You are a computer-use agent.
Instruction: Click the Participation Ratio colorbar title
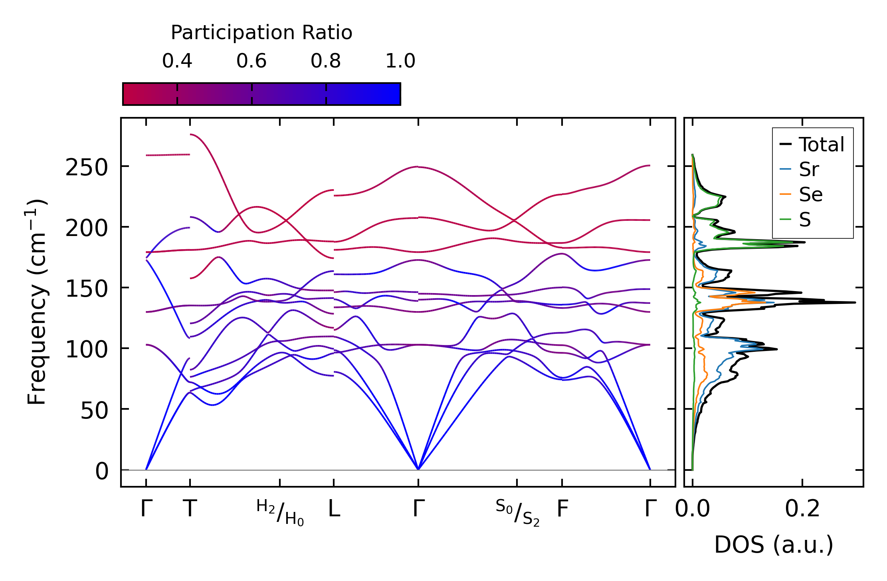(x=261, y=33)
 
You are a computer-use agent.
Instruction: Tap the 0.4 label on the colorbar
(x=177, y=61)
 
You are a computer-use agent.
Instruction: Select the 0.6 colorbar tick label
(x=251, y=61)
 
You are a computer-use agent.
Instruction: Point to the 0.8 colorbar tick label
(x=326, y=61)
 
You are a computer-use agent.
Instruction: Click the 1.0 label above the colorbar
(x=400, y=61)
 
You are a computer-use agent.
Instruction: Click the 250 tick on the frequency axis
(x=87, y=168)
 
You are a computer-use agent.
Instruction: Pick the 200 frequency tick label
(x=87, y=229)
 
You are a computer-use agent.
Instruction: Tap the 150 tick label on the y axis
(x=87, y=289)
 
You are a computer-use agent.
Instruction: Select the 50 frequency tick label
(x=94, y=410)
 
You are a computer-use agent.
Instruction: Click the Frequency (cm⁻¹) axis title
(x=37, y=302)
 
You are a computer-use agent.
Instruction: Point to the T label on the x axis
(x=190, y=509)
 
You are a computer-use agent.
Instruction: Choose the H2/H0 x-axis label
(x=280, y=512)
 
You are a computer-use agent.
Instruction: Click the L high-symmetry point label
(x=334, y=509)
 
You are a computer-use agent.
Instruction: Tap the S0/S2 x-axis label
(x=517, y=512)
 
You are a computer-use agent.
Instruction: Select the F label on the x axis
(x=562, y=509)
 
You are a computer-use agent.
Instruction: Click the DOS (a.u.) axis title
(x=774, y=545)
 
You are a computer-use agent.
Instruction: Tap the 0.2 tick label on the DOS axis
(x=802, y=509)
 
